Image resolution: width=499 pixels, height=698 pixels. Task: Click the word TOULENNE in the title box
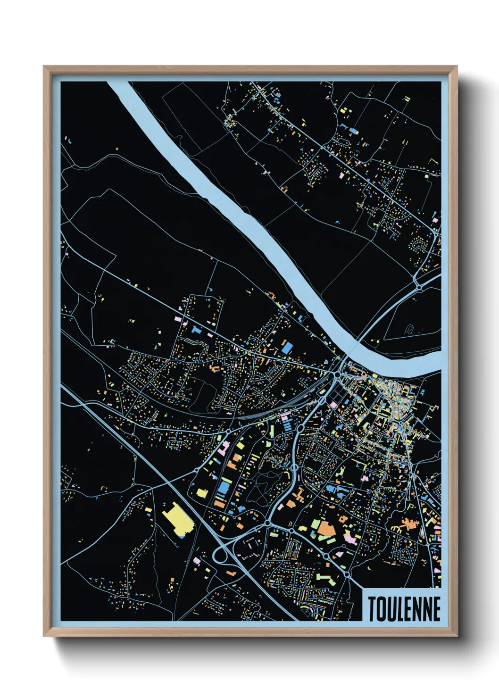[404, 608]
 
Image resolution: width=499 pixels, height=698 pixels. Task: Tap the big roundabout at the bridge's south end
[338, 374]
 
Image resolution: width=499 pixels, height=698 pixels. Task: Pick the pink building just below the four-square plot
[333, 405]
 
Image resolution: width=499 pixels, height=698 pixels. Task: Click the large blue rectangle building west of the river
[287, 348]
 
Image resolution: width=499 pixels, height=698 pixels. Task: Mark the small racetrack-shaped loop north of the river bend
[409, 329]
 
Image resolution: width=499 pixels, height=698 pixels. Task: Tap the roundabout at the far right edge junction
[418, 286]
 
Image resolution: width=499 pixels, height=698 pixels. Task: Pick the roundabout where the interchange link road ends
[267, 523]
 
